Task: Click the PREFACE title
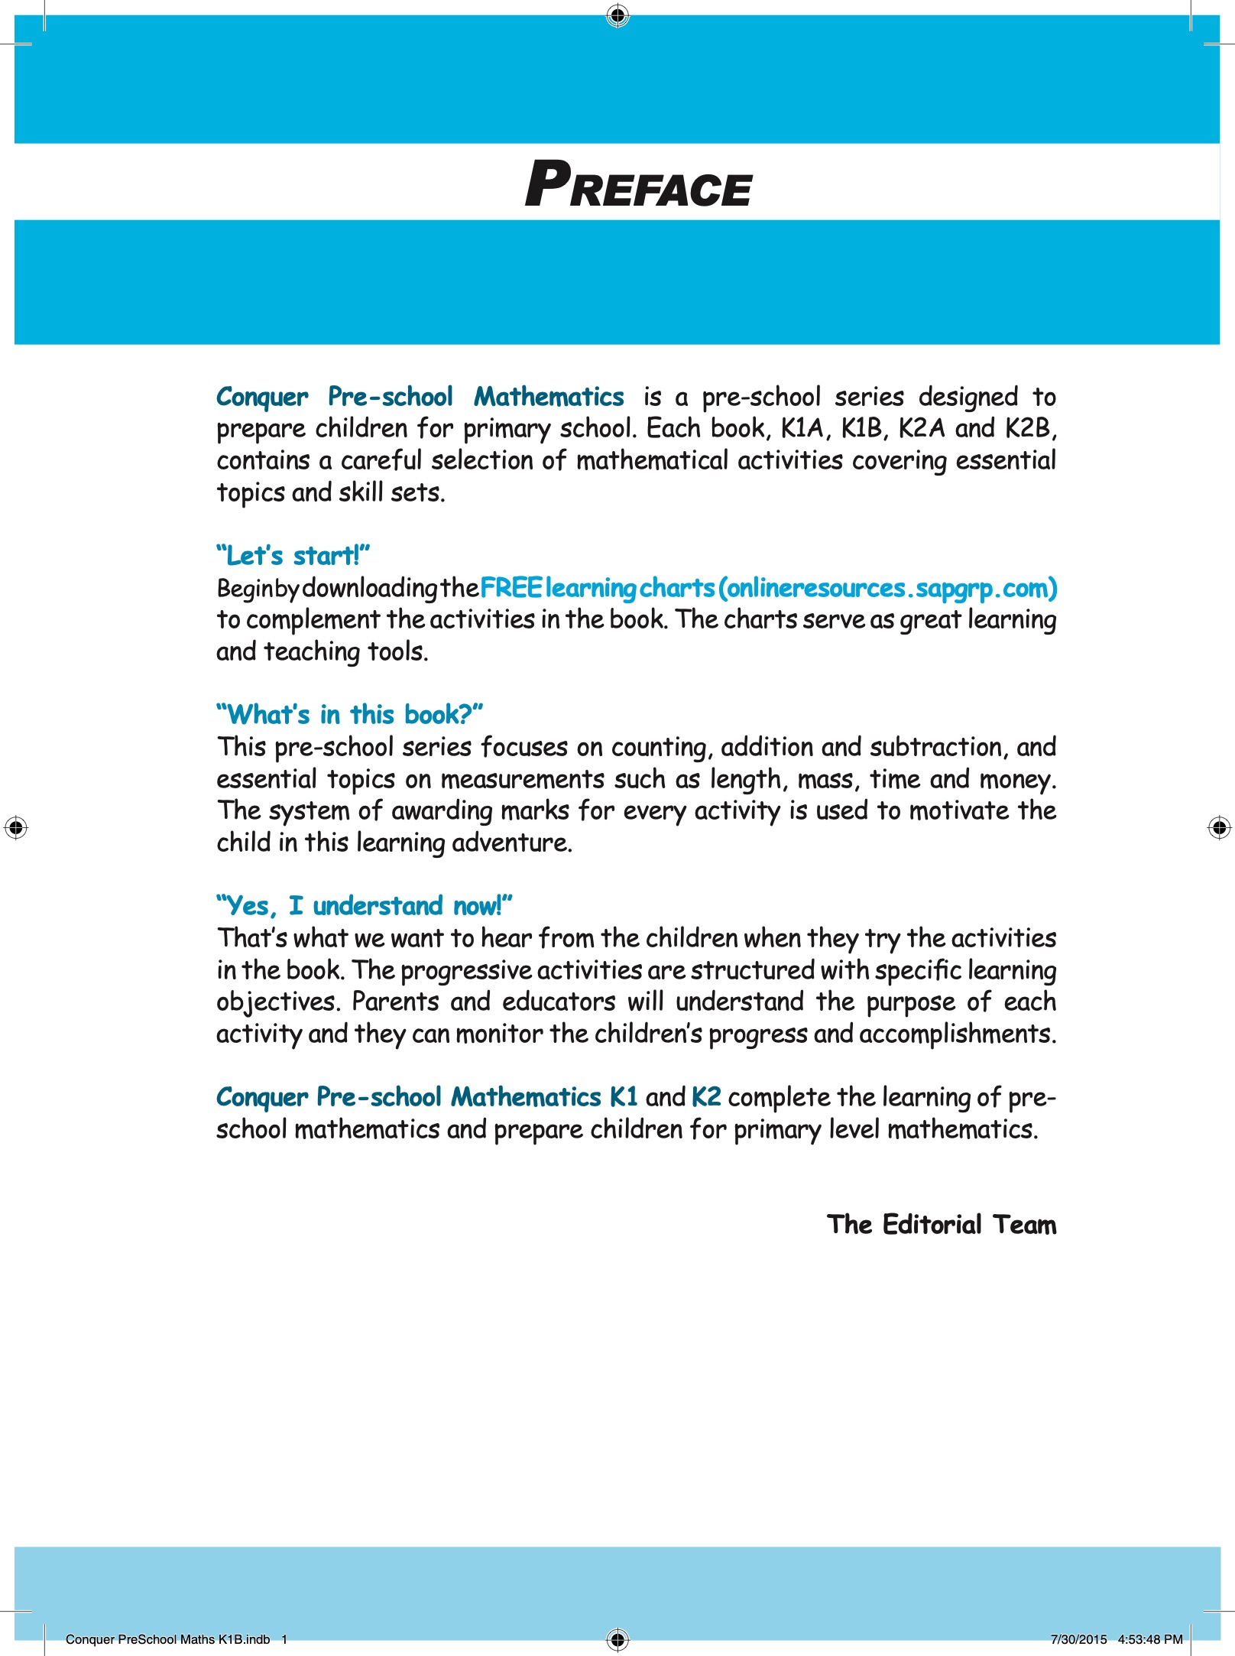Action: click(638, 185)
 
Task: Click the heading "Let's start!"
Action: click(293, 556)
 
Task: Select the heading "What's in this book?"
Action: click(349, 715)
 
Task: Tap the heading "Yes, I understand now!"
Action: click(364, 906)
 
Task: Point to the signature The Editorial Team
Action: click(942, 1225)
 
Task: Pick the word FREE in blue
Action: click(511, 588)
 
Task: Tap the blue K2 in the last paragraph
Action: click(706, 1097)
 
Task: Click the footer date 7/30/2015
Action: click(1078, 1639)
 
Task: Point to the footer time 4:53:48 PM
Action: click(1150, 1639)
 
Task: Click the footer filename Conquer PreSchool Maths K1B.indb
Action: click(167, 1639)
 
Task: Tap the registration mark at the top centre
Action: click(617, 15)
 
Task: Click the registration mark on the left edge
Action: click(16, 827)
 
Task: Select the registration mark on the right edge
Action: click(1219, 827)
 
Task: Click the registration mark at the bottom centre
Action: click(617, 1639)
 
